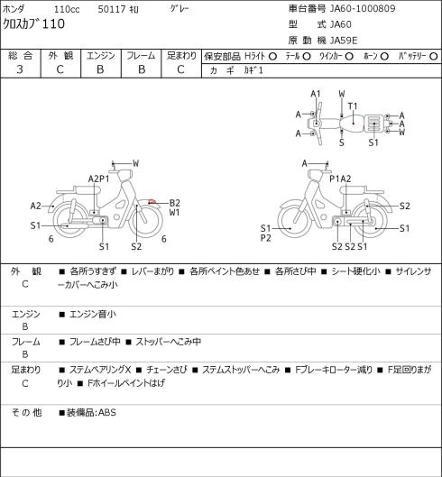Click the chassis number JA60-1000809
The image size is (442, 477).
(363, 8)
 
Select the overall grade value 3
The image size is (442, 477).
(20, 69)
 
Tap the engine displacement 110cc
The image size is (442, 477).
(67, 9)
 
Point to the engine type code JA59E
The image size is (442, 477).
(344, 41)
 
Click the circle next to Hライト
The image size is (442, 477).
(272, 56)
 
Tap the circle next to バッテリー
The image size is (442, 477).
(434, 56)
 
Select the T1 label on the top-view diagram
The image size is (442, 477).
(353, 106)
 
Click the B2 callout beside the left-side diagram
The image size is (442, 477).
(174, 203)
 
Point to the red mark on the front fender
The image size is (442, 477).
(152, 202)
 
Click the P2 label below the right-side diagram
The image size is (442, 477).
(266, 238)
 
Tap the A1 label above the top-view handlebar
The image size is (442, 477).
(316, 94)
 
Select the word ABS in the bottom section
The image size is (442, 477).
(107, 412)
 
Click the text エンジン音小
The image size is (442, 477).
(93, 314)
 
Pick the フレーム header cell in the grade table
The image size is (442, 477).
(141, 56)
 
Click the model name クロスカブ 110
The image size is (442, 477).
(33, 23)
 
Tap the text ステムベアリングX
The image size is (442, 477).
(100, 370)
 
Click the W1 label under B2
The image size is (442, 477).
(174, 212)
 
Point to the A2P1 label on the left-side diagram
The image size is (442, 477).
(98, 179)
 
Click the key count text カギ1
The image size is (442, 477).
(253, 70)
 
